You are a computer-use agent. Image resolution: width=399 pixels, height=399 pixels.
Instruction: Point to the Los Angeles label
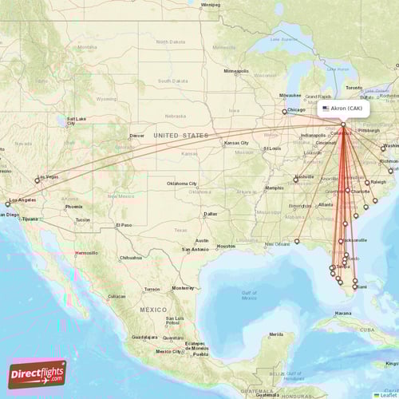click(x=22, y=199)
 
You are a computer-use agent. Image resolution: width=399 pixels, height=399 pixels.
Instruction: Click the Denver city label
click(x=137, y=136)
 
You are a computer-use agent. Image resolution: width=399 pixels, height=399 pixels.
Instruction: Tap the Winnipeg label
click(x=211, y=4)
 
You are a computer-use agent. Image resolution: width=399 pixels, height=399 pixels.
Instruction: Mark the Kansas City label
click(x=236, y=143)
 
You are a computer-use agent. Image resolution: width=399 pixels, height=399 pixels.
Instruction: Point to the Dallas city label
click(x=210, y=214)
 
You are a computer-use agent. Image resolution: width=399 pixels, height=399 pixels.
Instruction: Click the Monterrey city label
click(x=184, y=288)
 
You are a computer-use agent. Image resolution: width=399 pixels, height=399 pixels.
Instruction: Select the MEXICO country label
click(x=153, y=309)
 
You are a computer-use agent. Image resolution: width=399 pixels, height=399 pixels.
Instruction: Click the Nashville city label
click(x=304, y=176)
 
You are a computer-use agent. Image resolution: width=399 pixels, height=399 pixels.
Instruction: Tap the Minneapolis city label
click(x=236, y=71)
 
